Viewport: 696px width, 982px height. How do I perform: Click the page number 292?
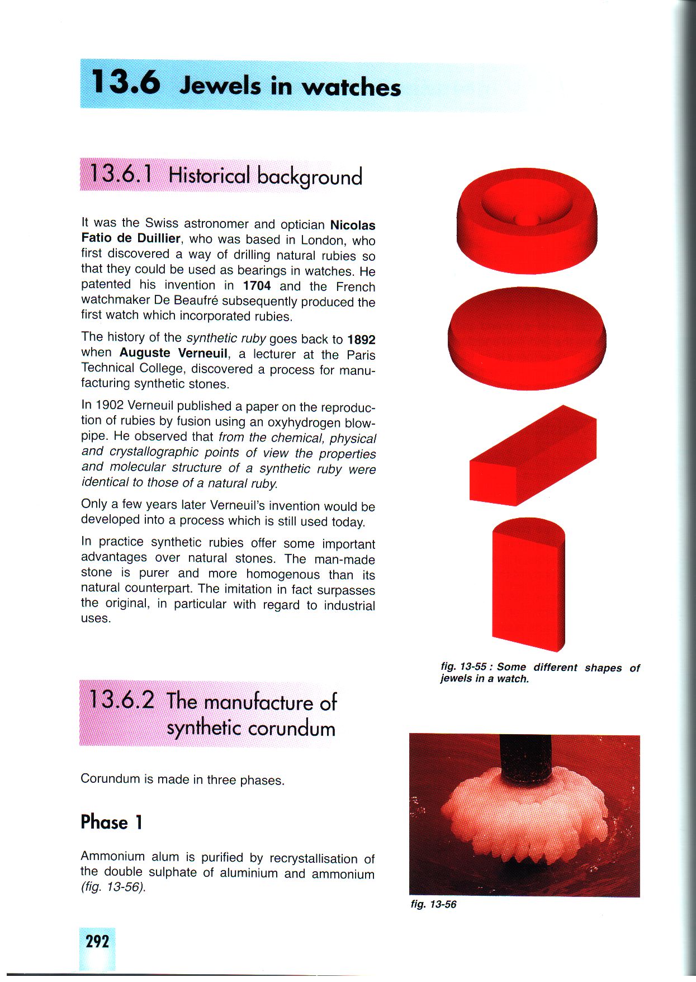97,941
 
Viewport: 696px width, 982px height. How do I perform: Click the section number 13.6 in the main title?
126,83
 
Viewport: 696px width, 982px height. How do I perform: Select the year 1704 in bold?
257,286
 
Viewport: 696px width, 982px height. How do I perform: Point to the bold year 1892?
361,340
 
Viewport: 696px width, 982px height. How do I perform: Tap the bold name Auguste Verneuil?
173,354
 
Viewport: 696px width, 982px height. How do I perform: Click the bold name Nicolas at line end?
353,225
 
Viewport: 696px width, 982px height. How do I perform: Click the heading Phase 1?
112,822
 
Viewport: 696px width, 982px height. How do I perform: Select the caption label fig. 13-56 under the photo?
433,904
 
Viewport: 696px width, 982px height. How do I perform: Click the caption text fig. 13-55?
463,666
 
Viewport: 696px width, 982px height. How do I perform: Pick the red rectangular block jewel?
532,456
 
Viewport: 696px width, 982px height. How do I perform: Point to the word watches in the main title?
352,87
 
